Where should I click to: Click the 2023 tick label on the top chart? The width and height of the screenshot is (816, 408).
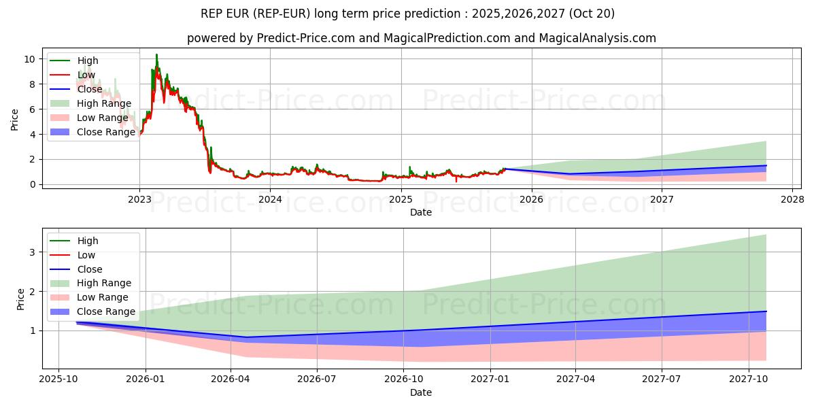139,199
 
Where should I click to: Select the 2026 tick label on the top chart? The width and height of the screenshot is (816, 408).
531,199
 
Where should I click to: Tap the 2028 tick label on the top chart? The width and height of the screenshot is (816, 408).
792,199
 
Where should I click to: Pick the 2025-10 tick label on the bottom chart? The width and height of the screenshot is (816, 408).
58,379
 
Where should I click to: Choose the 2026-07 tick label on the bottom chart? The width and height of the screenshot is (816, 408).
318,379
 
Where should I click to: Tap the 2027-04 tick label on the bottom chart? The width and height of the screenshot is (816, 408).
576,379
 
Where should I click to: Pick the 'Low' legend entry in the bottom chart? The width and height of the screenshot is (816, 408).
86,255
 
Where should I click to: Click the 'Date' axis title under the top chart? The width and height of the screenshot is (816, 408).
420,213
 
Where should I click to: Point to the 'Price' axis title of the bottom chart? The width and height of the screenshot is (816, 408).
20,299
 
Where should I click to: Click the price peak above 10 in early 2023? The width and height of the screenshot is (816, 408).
156,54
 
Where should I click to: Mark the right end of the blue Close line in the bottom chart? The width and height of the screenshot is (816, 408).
766,311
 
